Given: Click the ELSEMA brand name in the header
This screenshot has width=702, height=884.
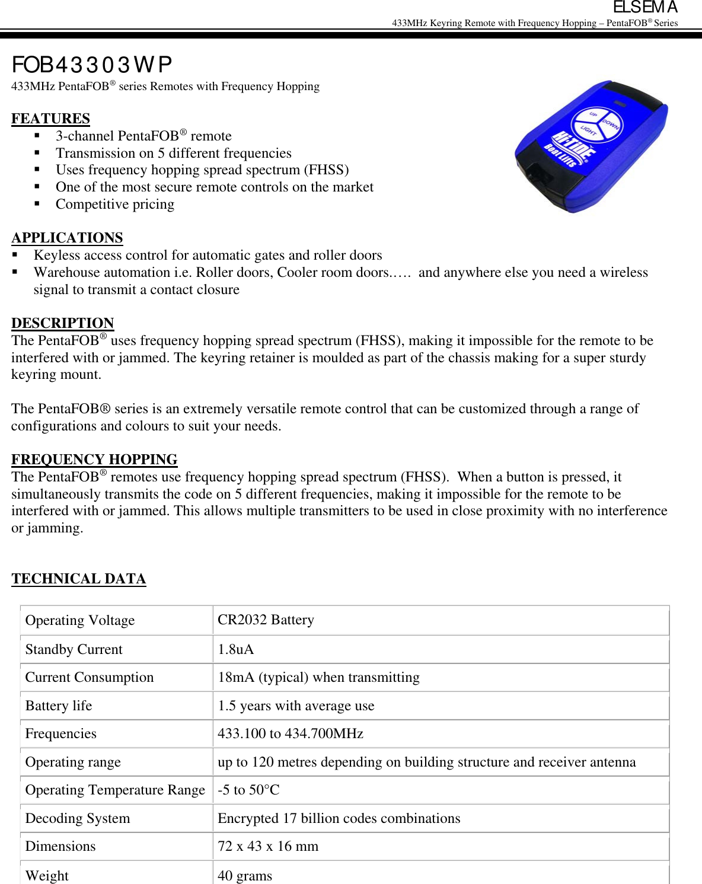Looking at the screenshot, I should (x=645, y=8).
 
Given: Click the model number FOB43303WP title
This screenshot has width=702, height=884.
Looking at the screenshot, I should (x=92, y=65).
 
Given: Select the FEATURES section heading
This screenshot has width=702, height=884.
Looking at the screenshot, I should (x=50, y=119).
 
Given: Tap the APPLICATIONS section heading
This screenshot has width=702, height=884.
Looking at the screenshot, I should (x=67, y=238).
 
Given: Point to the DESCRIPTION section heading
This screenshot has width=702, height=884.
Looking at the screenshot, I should (x=62, y=323).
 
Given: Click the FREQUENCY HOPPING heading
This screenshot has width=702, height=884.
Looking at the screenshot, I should (x=94, y=459).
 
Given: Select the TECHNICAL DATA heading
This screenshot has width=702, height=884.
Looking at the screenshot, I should (x=78, y=579).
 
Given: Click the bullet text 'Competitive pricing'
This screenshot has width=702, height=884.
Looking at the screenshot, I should (x=115, y=205).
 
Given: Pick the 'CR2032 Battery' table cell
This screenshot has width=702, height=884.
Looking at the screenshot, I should (x=266, y=620).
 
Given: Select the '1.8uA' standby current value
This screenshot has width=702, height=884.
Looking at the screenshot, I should (x=235, y=649).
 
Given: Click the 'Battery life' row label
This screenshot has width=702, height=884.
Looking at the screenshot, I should (x=59, y=706).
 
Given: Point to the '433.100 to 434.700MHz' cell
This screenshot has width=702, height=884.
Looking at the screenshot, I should (x=290, y=733).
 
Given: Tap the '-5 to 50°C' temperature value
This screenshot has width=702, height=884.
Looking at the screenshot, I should (x=248, y=790).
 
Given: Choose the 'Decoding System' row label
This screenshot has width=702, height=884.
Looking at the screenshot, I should (x=77, y=818).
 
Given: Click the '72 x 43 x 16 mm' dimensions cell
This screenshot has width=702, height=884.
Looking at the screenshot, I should (x=267, y=846).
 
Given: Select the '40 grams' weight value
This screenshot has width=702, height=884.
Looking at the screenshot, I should (x=245, y=875).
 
